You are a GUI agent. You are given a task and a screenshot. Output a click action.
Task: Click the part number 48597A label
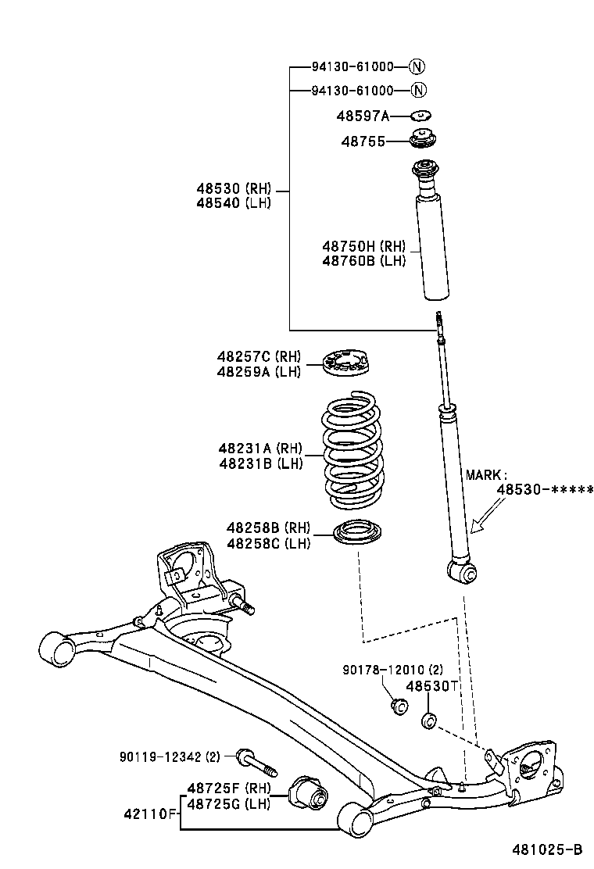click(x=362, y=116)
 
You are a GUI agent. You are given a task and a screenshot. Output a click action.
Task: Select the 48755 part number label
click(x=363, y=141)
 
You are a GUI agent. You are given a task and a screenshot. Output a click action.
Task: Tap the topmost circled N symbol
click(x=418, y=66)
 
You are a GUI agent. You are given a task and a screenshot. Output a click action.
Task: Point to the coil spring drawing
click(x=352, y=453)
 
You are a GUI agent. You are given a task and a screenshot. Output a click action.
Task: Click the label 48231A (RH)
click(x=260, y=448)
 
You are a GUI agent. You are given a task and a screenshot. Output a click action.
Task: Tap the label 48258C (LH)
click(x=268, y=542)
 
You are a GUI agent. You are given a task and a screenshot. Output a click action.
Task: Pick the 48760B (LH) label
click(x=363, y=261)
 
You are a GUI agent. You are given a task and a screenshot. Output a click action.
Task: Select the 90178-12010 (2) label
click(x=392, y=670)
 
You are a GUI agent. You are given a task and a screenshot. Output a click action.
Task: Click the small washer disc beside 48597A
click(x=422, y=116)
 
